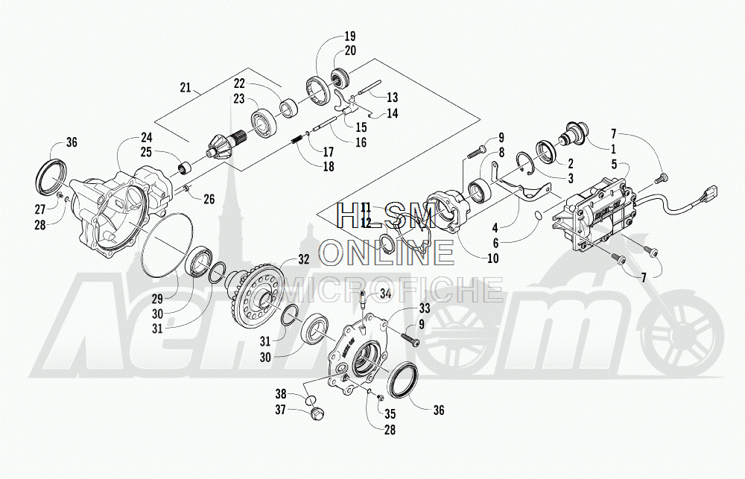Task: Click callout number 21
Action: pyautogui.click(x=186, y=88)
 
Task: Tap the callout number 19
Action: pyautogui.click(x=350, y=36)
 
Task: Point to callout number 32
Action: pyautogui.click(x=303, y=259)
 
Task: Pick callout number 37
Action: pyautogui.click(x=282, y=409)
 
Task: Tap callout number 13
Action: pyautogui.click(x=393, y=98)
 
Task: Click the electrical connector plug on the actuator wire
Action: pyautogui.click(x=711, y=195)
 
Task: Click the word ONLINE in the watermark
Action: pyautogui.click(x=387, y=253)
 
